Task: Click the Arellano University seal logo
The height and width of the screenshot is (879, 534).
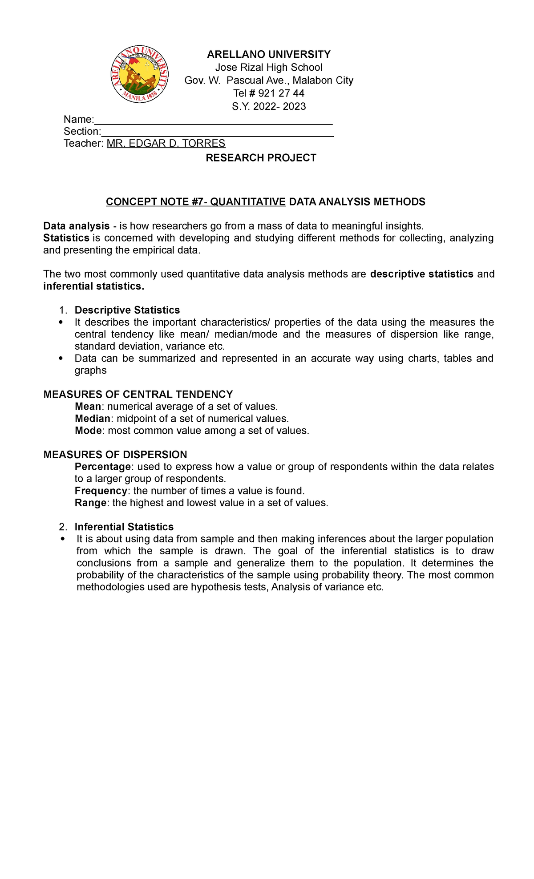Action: pos(139,74)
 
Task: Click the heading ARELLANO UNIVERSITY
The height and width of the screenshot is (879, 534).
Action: pos(269,54)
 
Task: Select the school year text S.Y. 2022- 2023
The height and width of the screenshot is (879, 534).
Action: pos(269,106)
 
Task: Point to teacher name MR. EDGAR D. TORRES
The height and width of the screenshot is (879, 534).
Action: pos(166,143)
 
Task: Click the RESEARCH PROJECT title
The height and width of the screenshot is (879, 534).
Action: pos(261,158)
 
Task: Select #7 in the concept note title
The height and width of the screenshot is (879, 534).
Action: pos(196,202)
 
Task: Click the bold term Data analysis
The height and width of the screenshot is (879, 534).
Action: pos(76,226)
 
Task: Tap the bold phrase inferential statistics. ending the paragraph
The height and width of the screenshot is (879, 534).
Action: pos(93,286)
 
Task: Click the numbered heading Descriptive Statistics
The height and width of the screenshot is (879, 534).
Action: pos(127,310)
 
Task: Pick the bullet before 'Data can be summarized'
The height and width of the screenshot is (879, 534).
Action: pos(61,359)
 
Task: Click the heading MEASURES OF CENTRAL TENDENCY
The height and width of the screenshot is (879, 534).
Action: pos(138,395)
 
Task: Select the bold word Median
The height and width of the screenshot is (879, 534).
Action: pos(92,419)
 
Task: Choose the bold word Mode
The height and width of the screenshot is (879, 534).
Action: pos(89,431)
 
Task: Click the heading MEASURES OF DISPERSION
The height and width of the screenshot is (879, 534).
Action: pos(115,455)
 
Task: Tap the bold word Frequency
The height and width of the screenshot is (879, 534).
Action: pos(101,491)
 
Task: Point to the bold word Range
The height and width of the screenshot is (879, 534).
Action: pos(90,503)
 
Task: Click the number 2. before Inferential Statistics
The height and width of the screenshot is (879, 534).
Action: pos(63,527)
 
